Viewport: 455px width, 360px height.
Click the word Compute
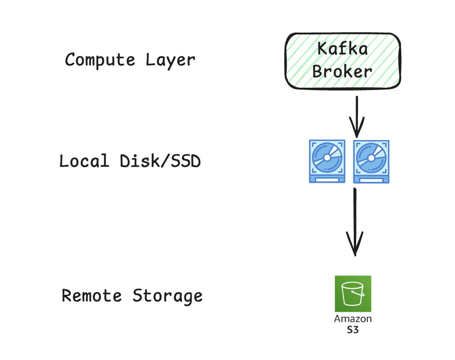coord(100,60)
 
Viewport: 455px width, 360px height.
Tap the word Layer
coord(171,60)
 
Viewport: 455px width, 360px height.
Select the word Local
coord(84,161)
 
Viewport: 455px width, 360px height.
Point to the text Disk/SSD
coord(160,161)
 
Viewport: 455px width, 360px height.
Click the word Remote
coord(92,295)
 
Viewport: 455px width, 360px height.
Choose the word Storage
coord(168,295)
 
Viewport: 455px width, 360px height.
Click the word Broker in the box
coord(342,71)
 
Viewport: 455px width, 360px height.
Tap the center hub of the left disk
coord(327,157)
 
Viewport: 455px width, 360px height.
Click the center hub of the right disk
coord(371,157)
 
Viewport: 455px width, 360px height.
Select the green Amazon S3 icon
coord(353,294)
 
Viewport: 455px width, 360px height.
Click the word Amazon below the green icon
coord(353,319)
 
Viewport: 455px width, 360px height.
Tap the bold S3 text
coord(353,330)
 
